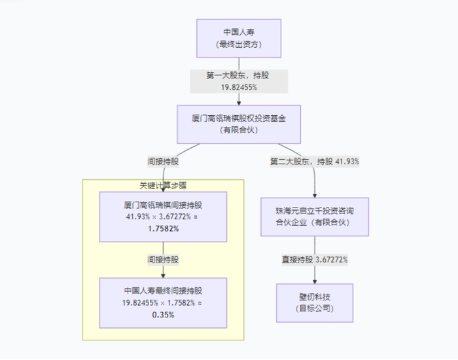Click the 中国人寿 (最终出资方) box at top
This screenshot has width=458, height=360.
click(239, 38)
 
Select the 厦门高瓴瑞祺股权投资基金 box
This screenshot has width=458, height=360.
click(239, 124)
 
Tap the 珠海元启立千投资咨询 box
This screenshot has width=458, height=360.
click(315, 217)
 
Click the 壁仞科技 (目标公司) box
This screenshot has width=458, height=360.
click(315, 302)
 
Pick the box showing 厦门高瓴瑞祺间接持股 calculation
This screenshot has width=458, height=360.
click(163, 217)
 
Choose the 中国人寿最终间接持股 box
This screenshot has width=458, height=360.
click(163, 302)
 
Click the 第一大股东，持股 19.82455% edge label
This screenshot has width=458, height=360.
click(239, 81)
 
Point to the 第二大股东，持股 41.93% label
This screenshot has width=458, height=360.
click(315, 161)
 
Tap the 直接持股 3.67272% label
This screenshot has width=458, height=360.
click(315, 260)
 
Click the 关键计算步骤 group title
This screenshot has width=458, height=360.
click(163, 185)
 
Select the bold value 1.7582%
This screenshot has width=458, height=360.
click(163, 228)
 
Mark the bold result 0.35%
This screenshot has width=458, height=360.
click(163, 314)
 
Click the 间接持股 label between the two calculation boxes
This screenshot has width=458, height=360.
click(163, 260)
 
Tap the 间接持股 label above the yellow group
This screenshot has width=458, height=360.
click(163, 161)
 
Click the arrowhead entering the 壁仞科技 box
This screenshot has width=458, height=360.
click(315, 281)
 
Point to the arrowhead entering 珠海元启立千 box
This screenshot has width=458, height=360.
click(315, 195)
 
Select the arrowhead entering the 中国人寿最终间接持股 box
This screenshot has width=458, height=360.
click(163, 275)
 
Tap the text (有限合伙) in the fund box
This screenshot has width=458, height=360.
click(239, 130)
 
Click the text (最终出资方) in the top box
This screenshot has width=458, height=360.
click(239, 45)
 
